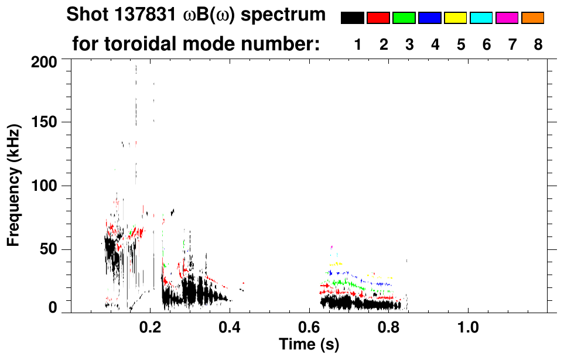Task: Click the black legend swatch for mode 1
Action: click(353, 18)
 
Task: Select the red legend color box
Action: click(378, 18)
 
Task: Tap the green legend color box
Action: click(404, 18)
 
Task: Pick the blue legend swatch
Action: click(430, 18)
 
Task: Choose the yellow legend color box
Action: click(456, 18)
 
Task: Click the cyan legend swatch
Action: click(481, 18)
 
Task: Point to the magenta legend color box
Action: click(507, 18)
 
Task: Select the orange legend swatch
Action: click(533, 18)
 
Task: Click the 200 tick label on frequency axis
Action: click(45, 61)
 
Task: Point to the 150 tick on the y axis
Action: click(45, 122)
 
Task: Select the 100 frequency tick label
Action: click(45, 186)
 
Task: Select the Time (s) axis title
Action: click(308, 345)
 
